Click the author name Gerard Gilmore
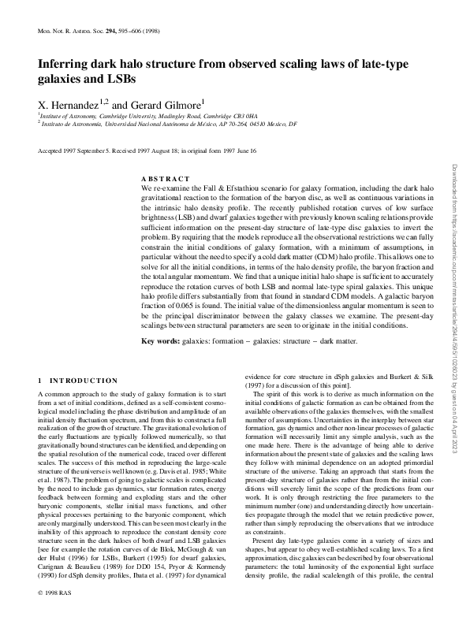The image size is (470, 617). point(169,104)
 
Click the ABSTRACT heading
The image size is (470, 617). point(165,180)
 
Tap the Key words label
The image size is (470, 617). point(163,340)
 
